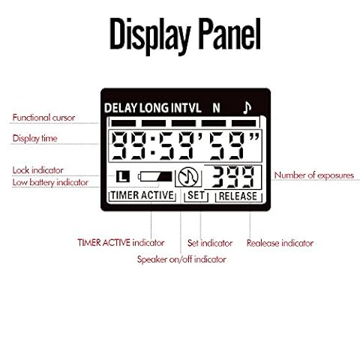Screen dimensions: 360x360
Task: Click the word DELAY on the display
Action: coord(121,108)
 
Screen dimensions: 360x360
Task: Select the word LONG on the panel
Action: coord(154,108)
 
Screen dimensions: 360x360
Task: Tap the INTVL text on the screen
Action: coord(186,108)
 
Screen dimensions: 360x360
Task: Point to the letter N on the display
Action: coord(216,108)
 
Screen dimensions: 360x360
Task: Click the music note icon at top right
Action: coord(247,107)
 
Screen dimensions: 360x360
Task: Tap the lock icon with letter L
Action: coord(123,176)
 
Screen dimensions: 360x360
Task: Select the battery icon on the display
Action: coord(155,176)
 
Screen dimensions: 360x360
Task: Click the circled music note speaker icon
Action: coord(188,177)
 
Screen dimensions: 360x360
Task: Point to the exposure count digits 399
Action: coord(232,177)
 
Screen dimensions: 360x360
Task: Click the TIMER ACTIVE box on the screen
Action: coord(142,195)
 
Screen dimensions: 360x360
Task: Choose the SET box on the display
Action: coord(196,196)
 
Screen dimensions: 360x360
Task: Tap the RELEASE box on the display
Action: coord(238,196)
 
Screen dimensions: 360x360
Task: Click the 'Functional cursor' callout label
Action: coord(43,118)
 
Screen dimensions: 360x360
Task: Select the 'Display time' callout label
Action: coord(34,139)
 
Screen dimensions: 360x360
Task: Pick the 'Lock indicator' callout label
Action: coord(37,170)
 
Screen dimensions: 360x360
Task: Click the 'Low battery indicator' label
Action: coord(50,182)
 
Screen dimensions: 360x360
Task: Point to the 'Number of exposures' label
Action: coord(314,175)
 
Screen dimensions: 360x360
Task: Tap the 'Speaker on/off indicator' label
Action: coord(181,259)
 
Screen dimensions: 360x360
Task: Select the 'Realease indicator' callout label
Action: coord(280,243)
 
